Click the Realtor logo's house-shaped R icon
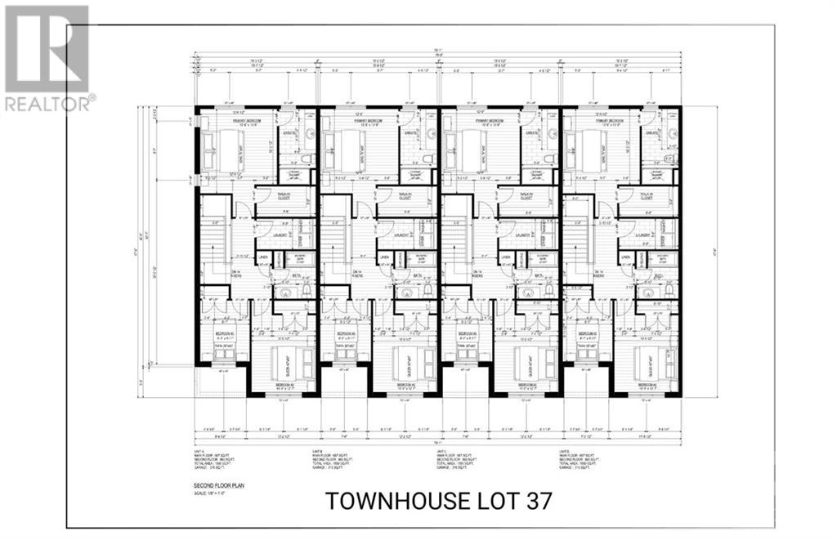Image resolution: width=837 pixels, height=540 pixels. (x=47, y=49)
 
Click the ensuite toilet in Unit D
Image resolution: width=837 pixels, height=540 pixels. (x=669, y=159)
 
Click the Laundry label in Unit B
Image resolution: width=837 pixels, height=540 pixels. (x=401, y=234)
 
